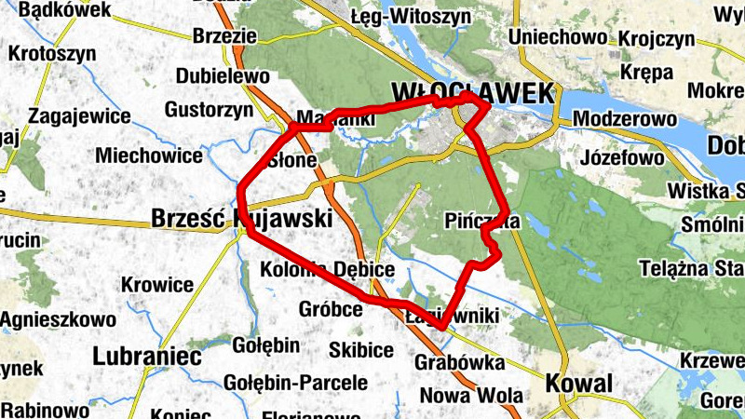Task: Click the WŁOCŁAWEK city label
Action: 474,92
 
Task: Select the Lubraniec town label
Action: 148,356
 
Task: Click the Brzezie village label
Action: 223,35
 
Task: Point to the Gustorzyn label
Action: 209,110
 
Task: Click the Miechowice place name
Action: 149,155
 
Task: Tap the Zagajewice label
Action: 79,117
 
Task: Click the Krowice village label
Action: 157,284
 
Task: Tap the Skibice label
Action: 361,350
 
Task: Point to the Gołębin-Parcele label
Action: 296,383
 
